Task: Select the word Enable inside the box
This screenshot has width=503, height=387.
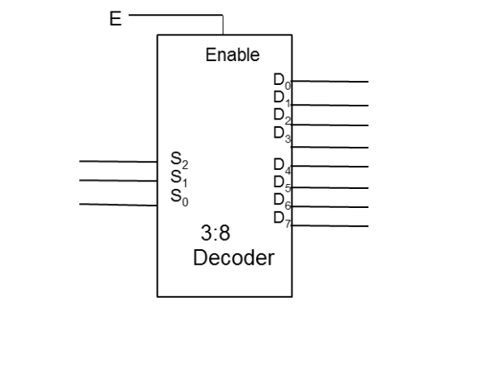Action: [232, 55]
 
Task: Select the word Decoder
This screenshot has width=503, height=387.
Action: [233, 257]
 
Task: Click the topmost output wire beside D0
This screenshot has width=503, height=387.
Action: [330, 82]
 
